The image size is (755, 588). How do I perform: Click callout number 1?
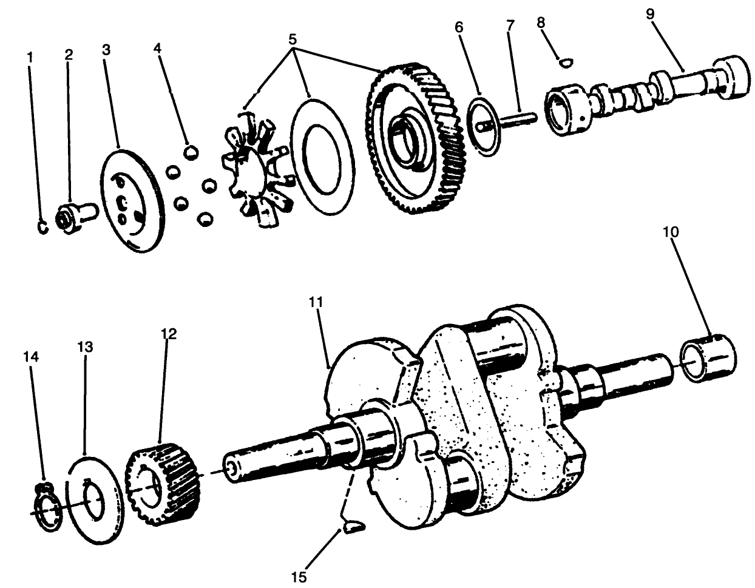[30, 56]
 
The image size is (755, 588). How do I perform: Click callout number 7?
[510, 25]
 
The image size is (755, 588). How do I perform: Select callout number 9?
[650, 15]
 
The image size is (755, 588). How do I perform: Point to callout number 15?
[299, 575]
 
